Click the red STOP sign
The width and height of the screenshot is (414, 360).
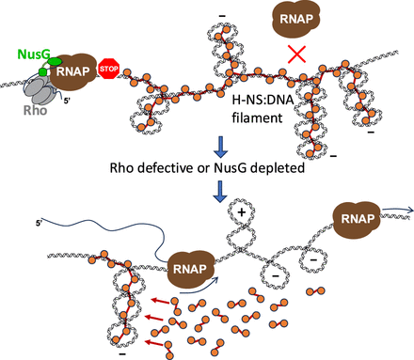tap(109, 69)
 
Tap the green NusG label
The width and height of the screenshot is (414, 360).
tap(34, 55)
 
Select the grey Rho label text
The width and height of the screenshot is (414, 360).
tap(35, 110)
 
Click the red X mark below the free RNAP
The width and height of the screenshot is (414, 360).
tap(296, 54)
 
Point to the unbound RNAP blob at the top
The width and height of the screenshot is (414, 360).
tap(295, 19)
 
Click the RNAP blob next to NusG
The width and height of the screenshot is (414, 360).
tap(73, 71)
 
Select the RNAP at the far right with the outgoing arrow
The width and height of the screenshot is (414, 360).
tap(357, 219)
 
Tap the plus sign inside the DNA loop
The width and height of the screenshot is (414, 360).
tap(241, 212)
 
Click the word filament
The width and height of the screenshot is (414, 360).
tap(257, 117)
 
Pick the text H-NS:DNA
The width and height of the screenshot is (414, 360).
tap(263, 100)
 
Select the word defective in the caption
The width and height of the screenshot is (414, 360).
tap(166, 167)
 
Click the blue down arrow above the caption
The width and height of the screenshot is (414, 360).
tap(220, 147)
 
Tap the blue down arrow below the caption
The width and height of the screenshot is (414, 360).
tap(220, 192)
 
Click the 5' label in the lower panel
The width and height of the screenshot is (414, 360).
tap(39, 223)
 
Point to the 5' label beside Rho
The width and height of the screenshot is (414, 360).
tap(67, 101)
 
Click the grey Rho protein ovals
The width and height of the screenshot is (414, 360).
tap(39, 91)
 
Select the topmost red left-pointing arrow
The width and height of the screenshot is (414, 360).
tap(160, 301)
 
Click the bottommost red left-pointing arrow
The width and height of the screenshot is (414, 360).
tap(154, 343)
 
